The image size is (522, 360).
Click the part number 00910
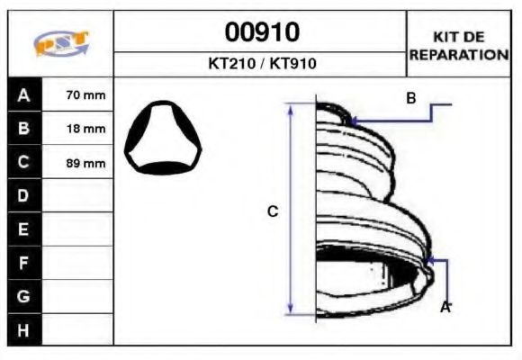tap(261, 33)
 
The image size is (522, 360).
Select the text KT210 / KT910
tap(261, 65)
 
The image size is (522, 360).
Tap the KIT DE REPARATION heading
tap(459, 45)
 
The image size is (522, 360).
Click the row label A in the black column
tap(23, 95)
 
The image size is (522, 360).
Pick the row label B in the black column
tap(23, 129)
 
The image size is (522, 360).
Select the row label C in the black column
tap(23, 162)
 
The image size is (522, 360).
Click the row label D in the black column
tap(23, 195)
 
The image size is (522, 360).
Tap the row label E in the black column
tap(23, 229)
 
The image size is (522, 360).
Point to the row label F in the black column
tap(23, 263)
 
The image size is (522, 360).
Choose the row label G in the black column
tap(23, 296)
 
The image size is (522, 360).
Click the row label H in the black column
tap(23, 329)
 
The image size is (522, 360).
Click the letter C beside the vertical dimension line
tap(273, 211)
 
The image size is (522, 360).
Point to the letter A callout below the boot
tap(444, 308)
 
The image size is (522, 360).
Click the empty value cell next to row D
tap(77, 195)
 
